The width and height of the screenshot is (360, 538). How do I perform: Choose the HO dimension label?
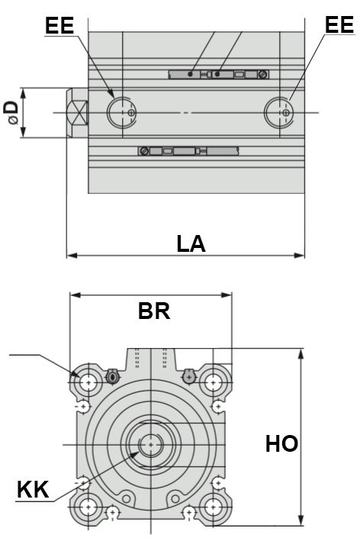281,443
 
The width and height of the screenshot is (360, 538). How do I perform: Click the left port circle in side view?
122,112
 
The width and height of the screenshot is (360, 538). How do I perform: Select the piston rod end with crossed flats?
78,113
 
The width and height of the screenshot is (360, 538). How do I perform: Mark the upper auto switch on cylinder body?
217,74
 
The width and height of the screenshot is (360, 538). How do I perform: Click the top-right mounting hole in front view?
214,380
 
